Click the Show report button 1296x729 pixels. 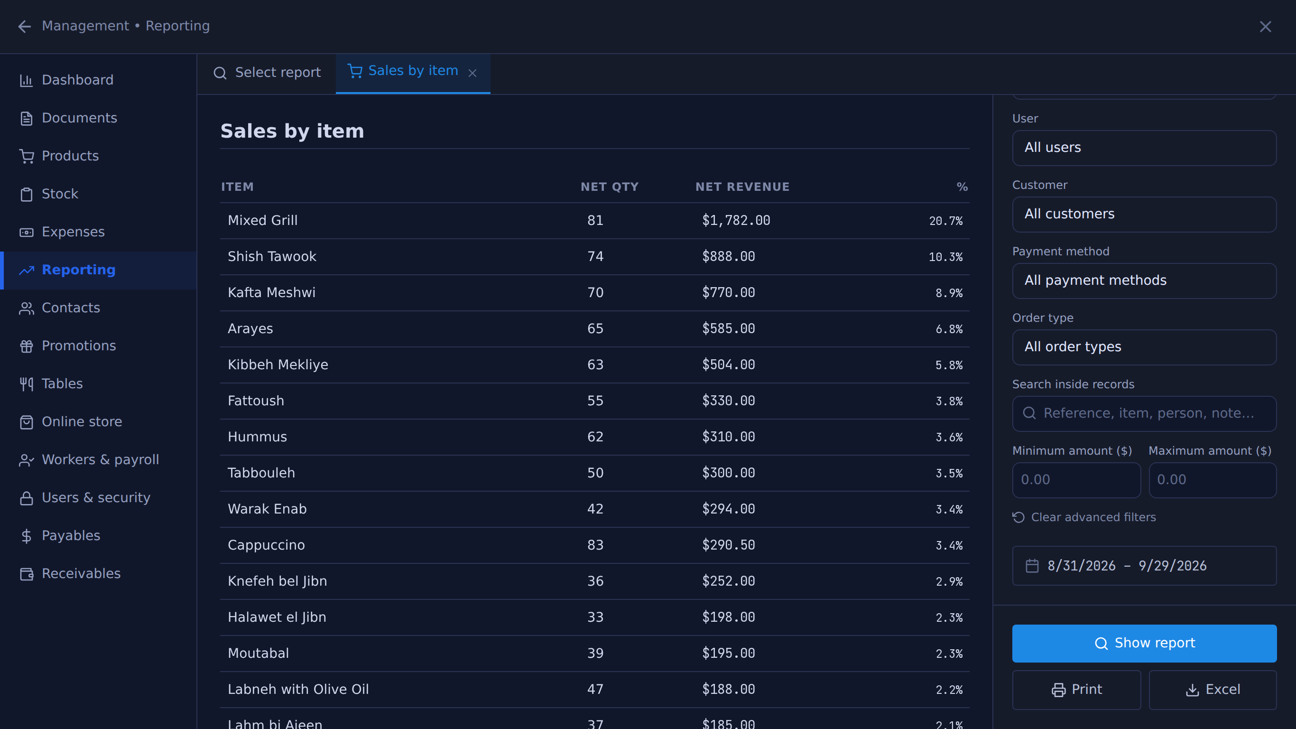[x=1144, y=643]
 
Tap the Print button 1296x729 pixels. [x=1076, y=689]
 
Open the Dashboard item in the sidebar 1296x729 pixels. [x=77, y=80]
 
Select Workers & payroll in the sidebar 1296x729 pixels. [x=100, y=459]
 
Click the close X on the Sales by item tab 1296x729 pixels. [x=472, y=73]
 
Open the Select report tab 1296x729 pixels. [x=267, y=73]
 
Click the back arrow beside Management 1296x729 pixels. [x=24, y=26]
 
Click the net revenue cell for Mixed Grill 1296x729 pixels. [x=736, y=220]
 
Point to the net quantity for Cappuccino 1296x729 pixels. [x=595, y=545]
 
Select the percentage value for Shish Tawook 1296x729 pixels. [x=945, y=257]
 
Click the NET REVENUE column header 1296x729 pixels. [x=742, y=187]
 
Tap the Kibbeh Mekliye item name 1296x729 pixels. [x=278, y=364]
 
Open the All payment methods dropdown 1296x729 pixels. [x=1144, y=280]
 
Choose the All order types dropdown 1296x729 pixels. [x=1144, y=347]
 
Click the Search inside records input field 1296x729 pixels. [x=1144, y=413]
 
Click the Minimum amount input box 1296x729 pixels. [x=1076, y=480]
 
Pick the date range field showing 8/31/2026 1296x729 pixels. [x=1144, y=565]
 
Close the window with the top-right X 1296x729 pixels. [x=1265, y=26]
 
